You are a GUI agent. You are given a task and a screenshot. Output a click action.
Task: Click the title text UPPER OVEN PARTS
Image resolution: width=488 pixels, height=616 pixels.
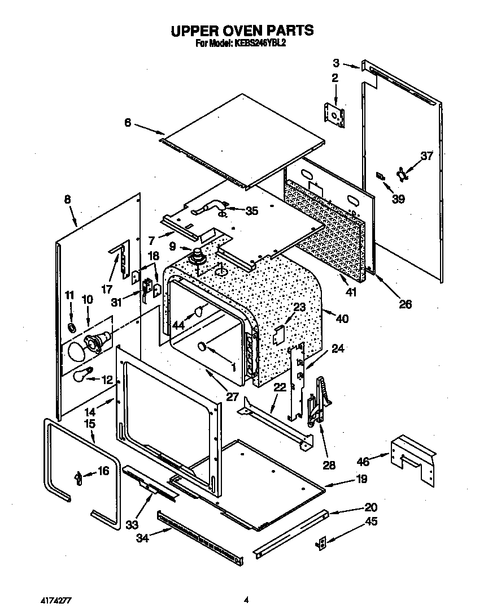(x=242, y=30)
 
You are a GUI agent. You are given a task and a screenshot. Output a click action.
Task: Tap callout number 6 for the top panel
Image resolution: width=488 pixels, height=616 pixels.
(x=128, y=122)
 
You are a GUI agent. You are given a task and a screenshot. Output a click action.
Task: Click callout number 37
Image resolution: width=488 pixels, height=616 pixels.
(x=426, y=156)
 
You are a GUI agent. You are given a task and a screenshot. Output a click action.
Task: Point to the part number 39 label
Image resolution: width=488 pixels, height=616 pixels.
(x=399, y=199)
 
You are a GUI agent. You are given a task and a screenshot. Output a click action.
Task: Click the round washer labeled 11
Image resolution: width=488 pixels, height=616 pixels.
(x=72, y=328)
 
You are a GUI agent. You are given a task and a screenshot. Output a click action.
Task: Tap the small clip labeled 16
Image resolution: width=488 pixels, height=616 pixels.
(x=79, y=477)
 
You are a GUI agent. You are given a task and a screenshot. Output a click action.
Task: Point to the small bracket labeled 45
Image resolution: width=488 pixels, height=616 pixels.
(x=322, y=543)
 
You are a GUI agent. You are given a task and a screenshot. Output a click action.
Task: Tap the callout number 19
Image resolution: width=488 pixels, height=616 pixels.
(x=361, y=479)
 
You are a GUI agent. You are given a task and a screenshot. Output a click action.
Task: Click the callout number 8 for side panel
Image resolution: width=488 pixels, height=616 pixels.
(x=68, y=199)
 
